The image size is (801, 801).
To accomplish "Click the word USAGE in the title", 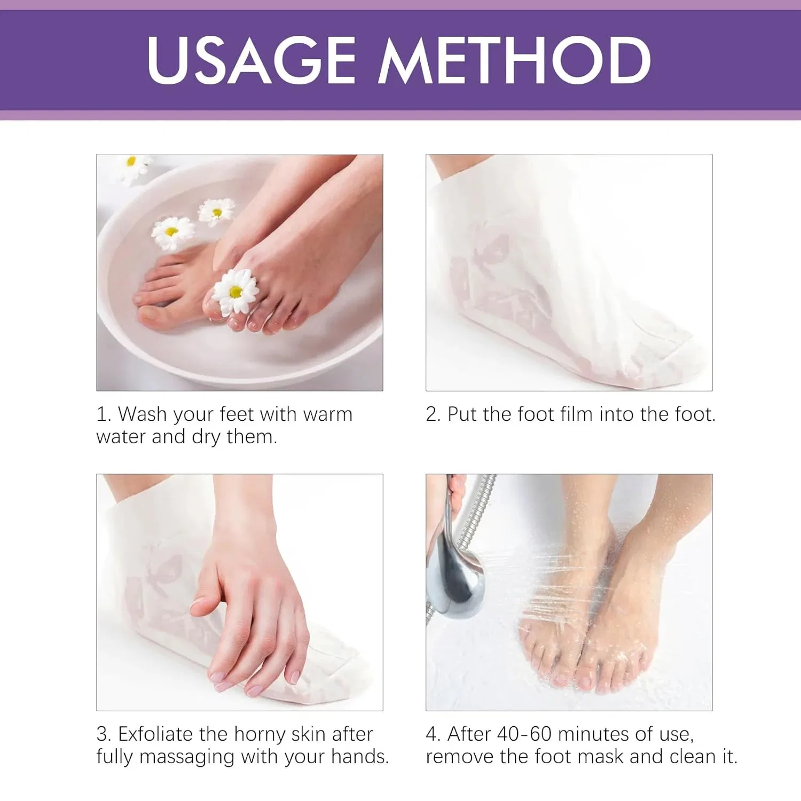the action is pos(252,60).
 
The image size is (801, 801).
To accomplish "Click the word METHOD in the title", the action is pos(515,60).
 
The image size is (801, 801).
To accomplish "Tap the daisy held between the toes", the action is pos(235,291).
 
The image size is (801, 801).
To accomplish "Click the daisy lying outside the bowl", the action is pos(133,167).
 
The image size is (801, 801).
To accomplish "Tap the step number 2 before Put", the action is pos(431,415).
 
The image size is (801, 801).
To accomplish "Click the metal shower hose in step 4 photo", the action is pos(478,513).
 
